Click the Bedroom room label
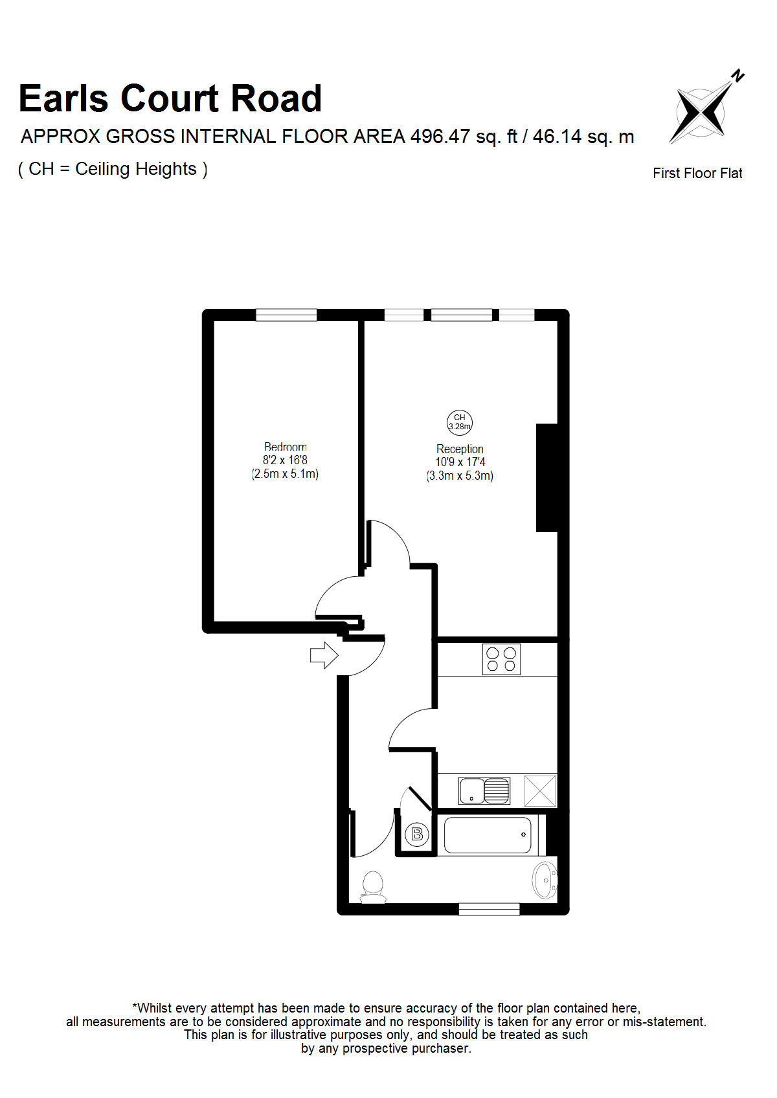pos(286,447)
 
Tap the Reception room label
pos(460,449)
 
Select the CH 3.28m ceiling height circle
pos(459,422)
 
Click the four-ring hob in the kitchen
pos(501,659)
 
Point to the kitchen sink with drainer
pos(484,790)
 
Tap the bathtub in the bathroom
pos(488,835)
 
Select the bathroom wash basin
pos(545,880)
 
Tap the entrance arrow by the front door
pos(324,655)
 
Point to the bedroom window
pos(286,315)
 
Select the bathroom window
pos(490,909)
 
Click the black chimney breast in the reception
pos(547,478)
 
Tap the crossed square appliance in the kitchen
pos(540,790)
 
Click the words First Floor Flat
pos(697,173)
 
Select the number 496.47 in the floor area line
pos(440,136)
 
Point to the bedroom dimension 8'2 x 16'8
pos(285,460)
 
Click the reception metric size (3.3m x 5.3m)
pos(460,475)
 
